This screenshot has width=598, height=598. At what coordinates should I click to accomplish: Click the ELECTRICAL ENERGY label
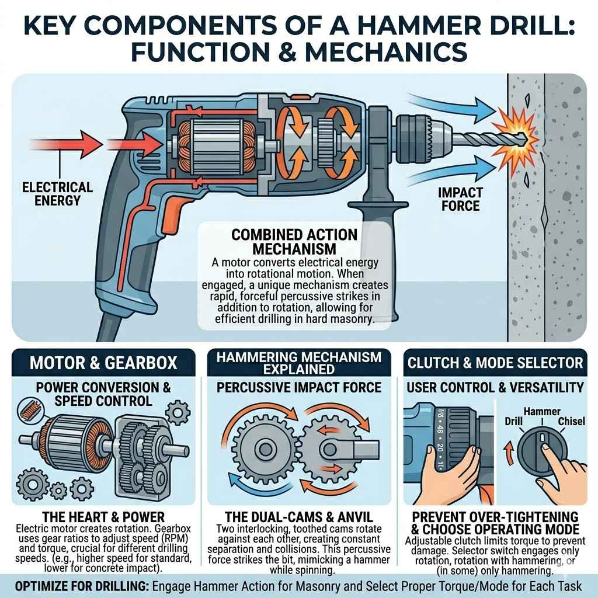(57, 194)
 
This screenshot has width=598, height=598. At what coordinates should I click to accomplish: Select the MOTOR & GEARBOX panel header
(103, 363)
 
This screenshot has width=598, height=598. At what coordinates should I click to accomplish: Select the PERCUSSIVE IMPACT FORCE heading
(300, 387)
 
